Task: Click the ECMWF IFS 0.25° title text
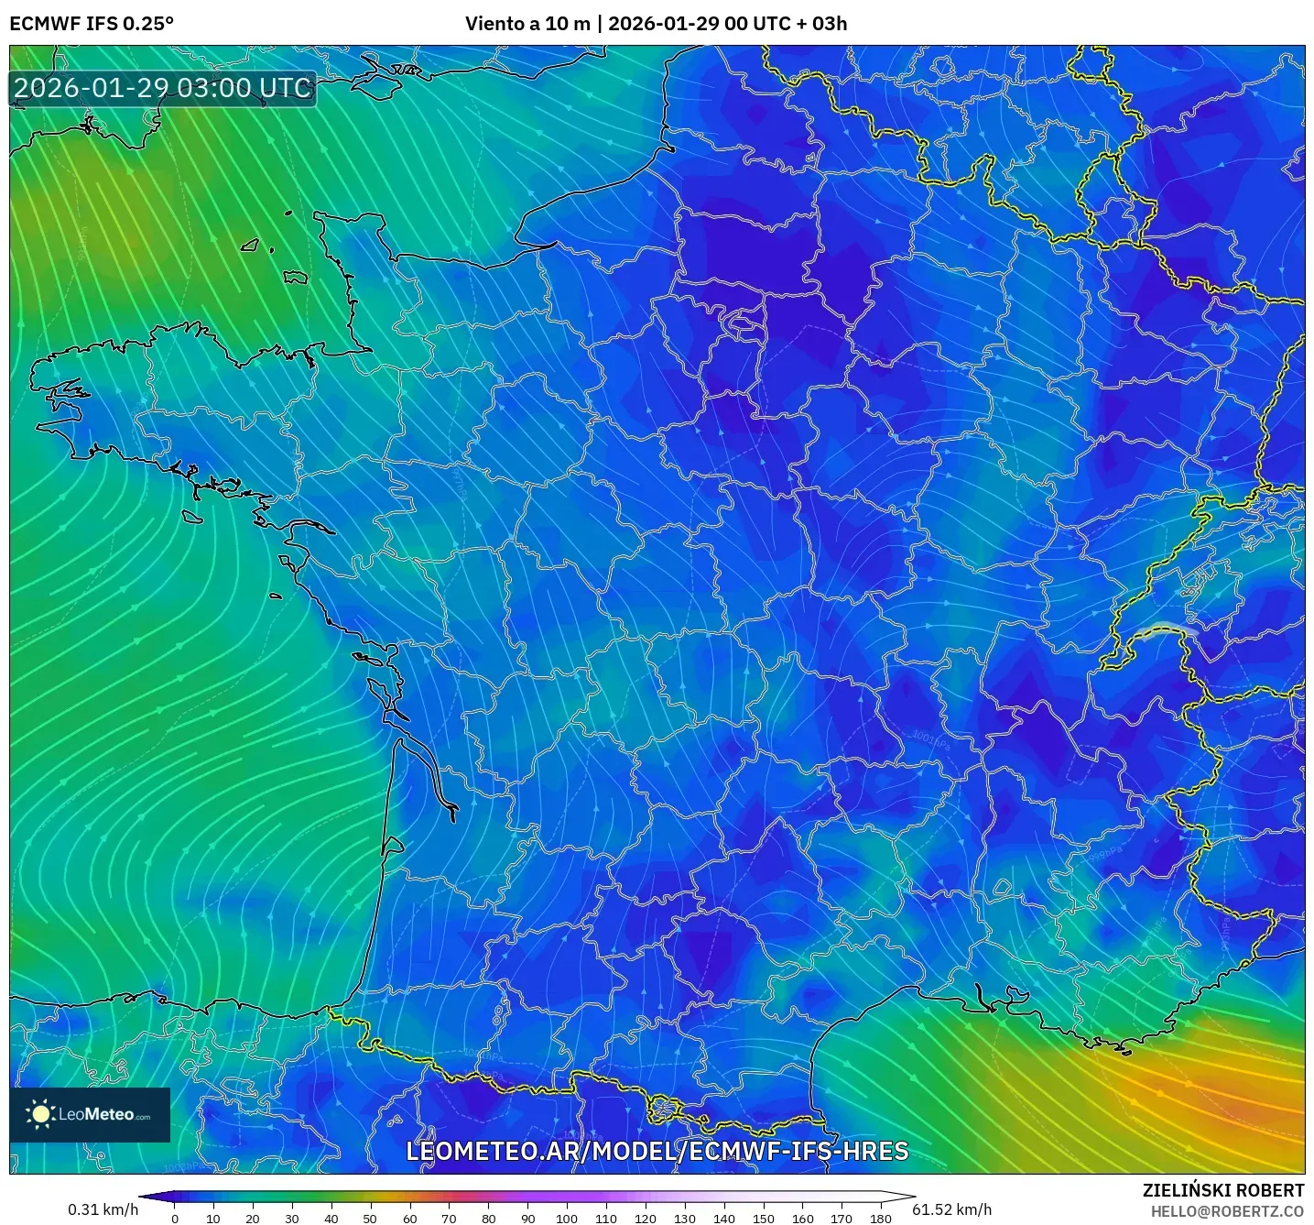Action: coord(92,24)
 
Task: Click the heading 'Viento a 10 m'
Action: coord(527,24)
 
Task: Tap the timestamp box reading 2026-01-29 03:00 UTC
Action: coord(163,88)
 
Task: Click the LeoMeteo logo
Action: coord(90,1114)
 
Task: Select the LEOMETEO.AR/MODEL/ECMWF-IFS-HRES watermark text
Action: coord(657,1151)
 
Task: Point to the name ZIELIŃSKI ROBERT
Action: coord(1222,1190)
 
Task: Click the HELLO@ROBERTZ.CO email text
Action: coord(1227,1211)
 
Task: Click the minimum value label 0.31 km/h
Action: coord(103,1209)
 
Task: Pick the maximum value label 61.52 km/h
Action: coord(952,1209)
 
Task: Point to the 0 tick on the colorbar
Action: coord(175,1219)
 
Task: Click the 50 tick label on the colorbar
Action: coord(370,1219)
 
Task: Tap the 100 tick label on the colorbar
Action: coord(567,1219)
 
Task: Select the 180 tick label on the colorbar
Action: coord(881,1219)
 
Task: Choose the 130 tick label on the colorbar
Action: coord(685,1219)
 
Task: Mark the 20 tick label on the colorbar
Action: coord(253,1219)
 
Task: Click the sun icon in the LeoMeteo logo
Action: coord(40,1114)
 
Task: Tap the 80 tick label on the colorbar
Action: coord(488,1219)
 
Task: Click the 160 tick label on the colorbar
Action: coord(803,1219)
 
